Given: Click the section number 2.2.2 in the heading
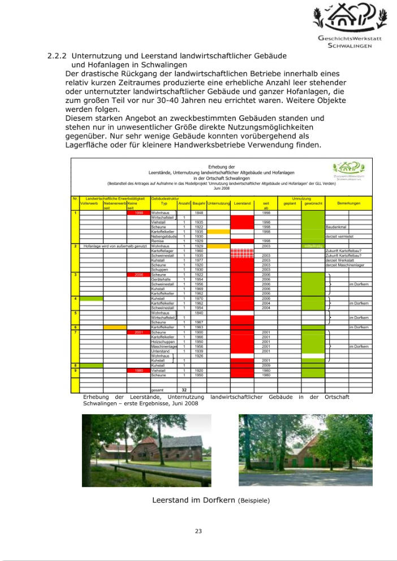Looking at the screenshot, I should [58, 56].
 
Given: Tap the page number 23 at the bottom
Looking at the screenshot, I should [198, 530].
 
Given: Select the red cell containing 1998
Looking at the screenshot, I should [138, 213].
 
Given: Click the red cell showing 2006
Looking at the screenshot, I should [138, 275].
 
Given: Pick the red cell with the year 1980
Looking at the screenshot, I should [138, 371].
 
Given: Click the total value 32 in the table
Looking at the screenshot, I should [184, 390].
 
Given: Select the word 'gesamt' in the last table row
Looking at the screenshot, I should [158, 390].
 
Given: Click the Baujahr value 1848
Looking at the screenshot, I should [198, 213].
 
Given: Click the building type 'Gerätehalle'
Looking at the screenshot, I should [161, 279].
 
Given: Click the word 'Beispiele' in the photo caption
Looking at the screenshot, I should [254, 501].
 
